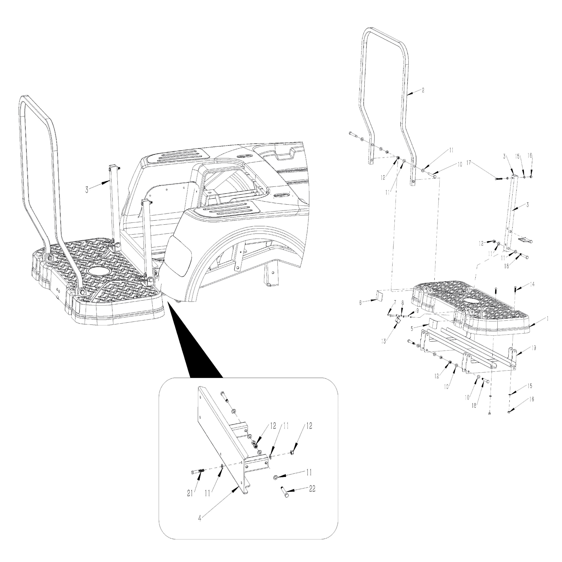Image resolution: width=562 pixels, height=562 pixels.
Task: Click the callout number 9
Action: (x=417, y=311)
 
